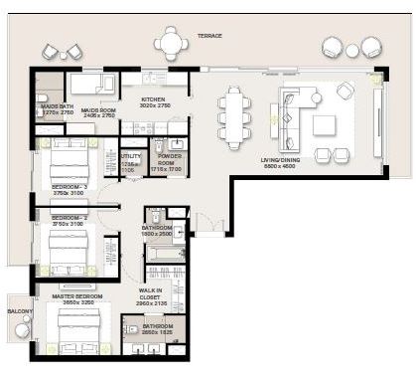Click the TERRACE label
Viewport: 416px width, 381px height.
209,36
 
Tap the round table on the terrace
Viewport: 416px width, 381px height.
171,43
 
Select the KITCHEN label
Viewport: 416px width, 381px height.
154,99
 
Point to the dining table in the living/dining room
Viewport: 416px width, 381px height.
234,116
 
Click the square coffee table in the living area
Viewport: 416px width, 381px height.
325,125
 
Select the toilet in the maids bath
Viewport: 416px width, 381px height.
43,96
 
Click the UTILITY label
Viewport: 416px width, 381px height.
130,156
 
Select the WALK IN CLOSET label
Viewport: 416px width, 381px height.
152,294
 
